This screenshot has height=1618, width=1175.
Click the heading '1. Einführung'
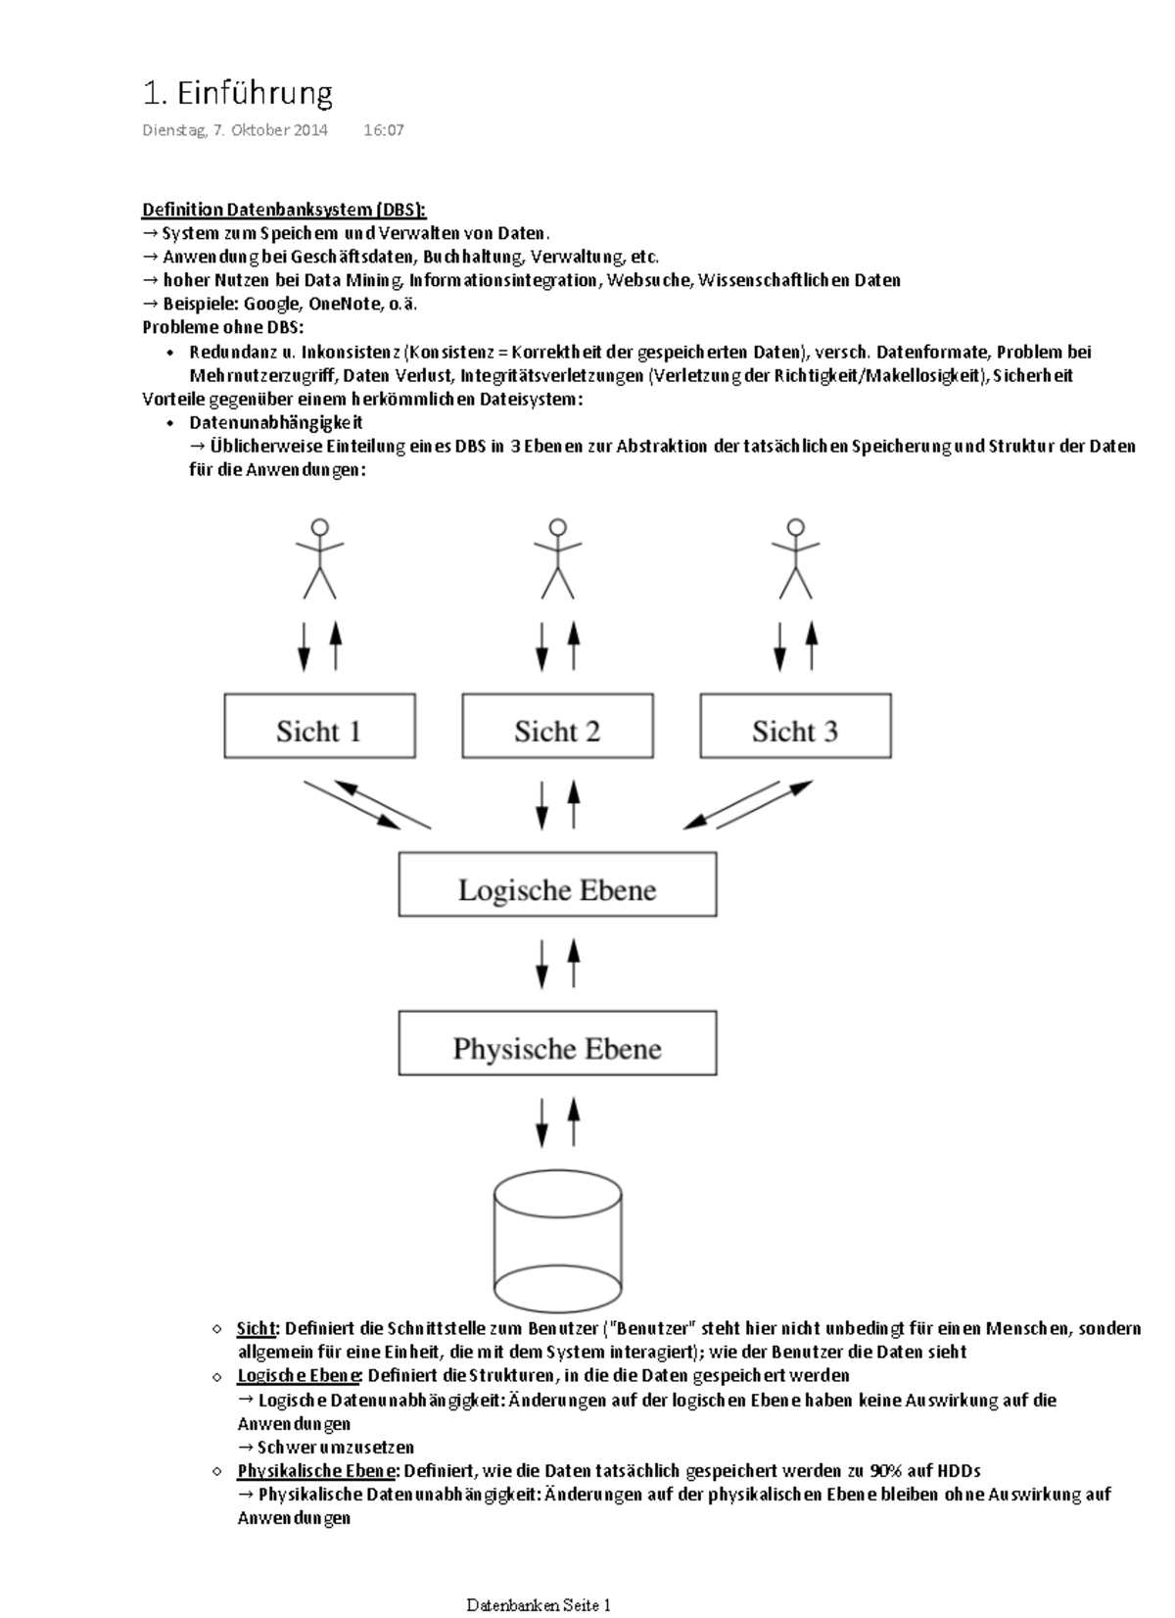point(237,94)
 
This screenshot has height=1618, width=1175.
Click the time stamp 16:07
point(383,130)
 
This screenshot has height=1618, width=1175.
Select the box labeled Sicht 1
point(319,727)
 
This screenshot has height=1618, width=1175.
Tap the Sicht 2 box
point(557,727)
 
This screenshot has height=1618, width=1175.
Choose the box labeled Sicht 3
point(795,727)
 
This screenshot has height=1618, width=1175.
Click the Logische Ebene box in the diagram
point(557,885)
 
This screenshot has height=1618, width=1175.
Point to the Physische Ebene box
point(557,1044)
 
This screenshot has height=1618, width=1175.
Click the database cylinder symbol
point(558,1240)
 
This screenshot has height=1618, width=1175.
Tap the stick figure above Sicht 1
point(319,558)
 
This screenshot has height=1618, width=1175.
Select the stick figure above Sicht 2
point(557,558)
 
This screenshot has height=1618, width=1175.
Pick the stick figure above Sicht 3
point(795,558)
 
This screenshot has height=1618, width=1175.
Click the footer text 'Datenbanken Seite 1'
point(539,1605)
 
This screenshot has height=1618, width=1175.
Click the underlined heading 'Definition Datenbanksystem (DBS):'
point(284,210)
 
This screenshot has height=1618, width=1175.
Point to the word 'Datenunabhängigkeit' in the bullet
point(276,423)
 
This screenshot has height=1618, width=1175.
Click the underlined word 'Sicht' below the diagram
point(257,1329)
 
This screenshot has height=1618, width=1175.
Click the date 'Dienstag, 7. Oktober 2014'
point(235,130)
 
